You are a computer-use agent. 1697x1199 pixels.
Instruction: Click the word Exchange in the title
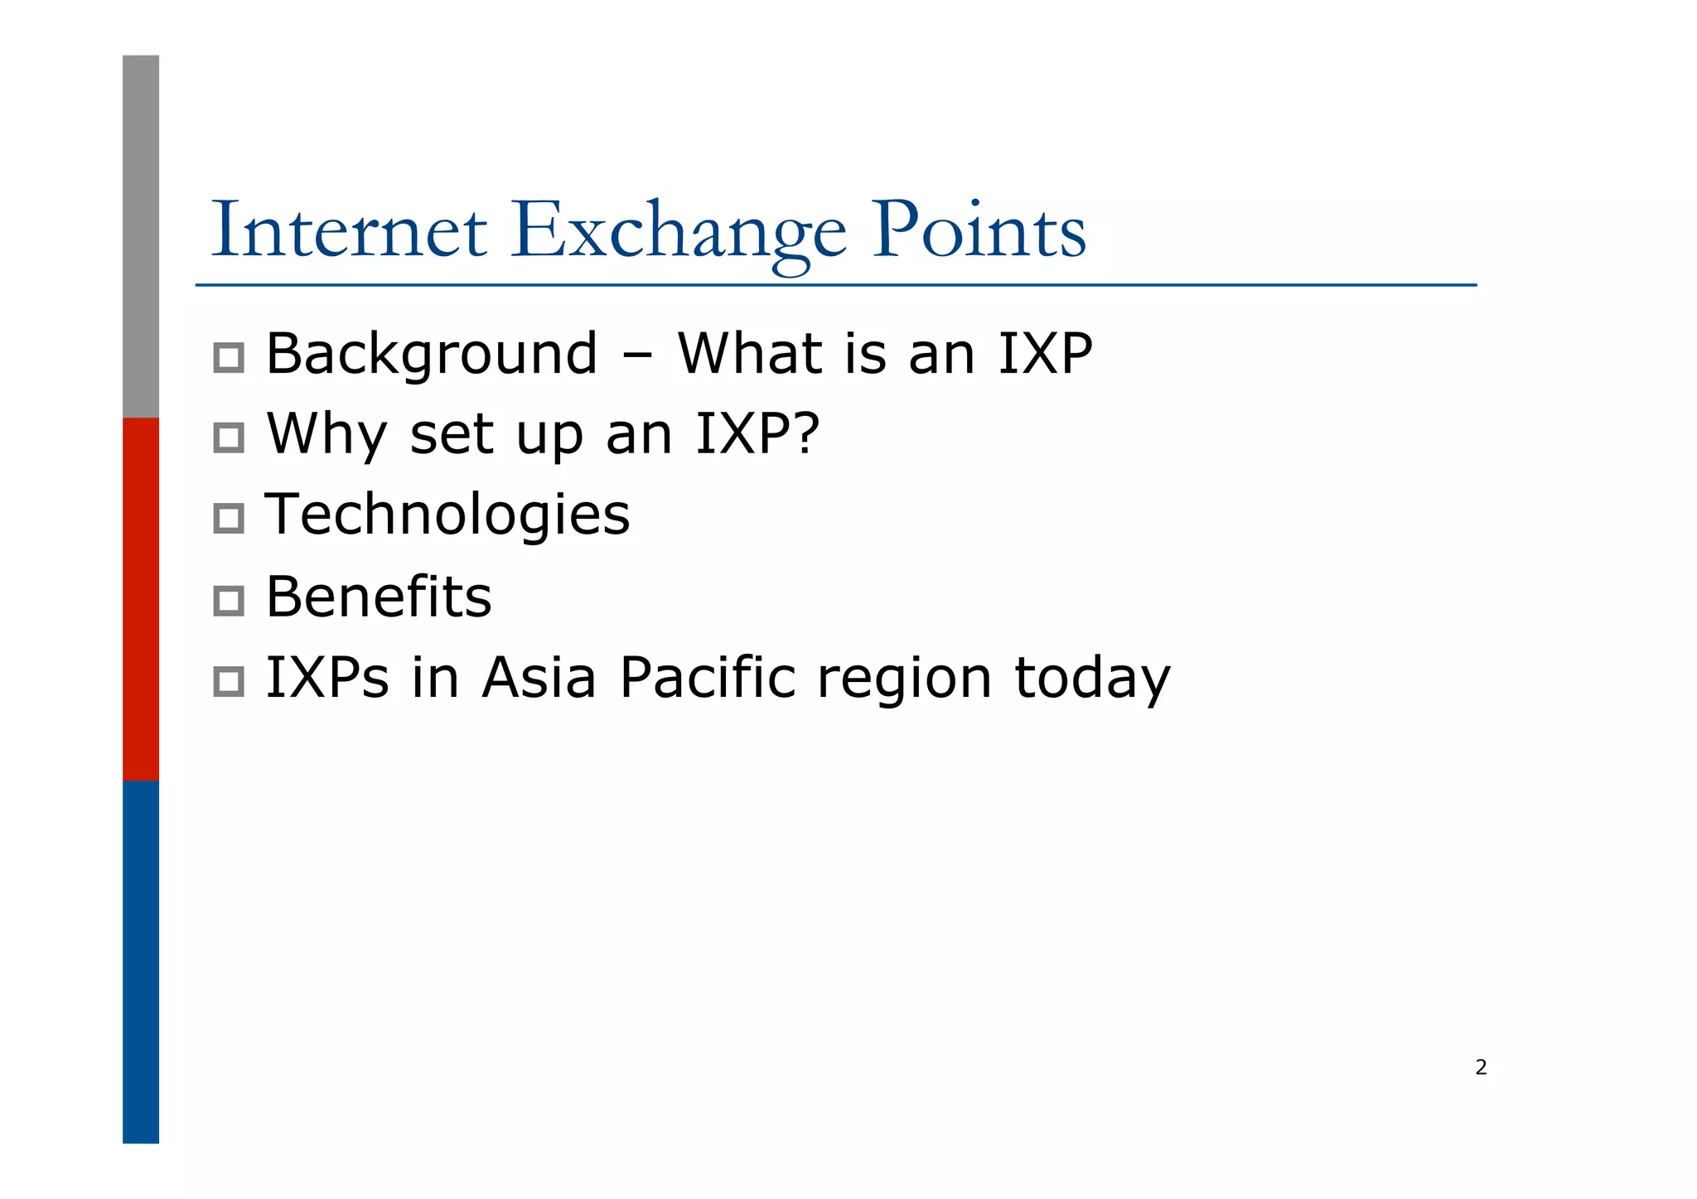678,232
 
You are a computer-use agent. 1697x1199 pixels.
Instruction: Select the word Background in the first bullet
431,355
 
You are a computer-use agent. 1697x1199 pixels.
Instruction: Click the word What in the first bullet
749,354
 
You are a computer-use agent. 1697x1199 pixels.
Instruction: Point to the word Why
326,434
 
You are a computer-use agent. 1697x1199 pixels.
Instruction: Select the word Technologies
447,515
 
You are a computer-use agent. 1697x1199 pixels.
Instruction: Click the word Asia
539,678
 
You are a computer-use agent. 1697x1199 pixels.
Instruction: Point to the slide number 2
1481,1067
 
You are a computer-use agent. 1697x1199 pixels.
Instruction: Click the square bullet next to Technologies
229,519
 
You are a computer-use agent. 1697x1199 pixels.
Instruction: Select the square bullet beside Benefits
229,601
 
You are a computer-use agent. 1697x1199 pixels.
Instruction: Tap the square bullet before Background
229,358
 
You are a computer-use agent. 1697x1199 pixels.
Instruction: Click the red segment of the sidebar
141,598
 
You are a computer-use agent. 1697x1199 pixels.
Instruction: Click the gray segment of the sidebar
141,236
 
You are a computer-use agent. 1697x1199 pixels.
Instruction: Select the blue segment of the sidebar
141,961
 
